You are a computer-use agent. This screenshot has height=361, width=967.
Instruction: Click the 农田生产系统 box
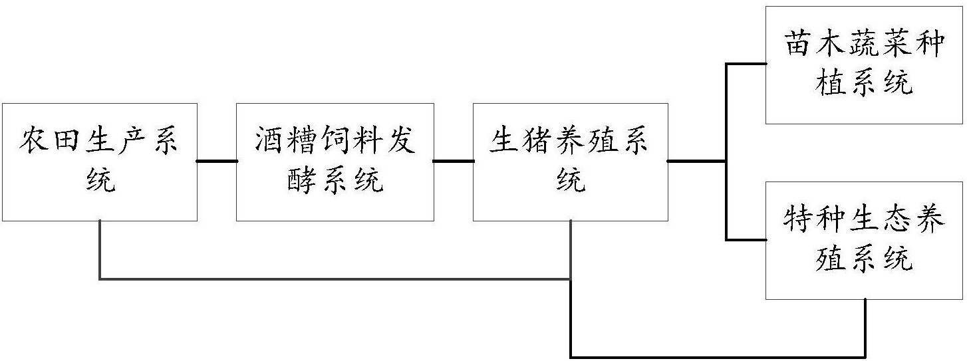click(x=99, y=162)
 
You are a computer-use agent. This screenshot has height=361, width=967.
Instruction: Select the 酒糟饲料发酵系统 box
click(x=335, y=162)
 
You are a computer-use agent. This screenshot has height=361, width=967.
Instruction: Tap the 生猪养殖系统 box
click(x=570, y=162)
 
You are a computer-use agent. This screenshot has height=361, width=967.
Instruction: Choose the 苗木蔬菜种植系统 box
click(x=863, y=64)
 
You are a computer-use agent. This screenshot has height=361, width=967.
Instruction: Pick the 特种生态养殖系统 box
click(x=863, y=240)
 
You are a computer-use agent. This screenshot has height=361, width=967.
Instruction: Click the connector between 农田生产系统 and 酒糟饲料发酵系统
click(x=217, y=161)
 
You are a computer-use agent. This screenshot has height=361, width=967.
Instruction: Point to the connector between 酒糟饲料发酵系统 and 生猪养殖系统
click(x=453, y=161)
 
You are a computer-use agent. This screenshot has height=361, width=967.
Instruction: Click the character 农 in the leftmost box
click(x=35, y=142)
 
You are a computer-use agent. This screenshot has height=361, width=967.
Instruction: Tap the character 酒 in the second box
click(x=269, y=142)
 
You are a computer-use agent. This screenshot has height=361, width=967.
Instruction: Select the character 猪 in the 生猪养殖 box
click(x=537, y=142)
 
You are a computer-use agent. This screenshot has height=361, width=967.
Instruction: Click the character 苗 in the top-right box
click(x=798, y=46)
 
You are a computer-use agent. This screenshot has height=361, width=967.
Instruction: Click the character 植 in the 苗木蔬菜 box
click(x=830, y=84)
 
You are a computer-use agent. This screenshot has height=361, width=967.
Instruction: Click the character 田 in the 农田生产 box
click(x=67, y=142)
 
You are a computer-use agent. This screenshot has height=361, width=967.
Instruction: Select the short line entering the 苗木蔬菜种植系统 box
click(x=746, y=64)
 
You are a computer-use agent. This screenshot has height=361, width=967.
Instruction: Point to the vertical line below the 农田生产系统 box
click(x=100, y=249)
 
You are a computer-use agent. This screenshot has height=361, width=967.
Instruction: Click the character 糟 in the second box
click(x=302, y=142)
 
